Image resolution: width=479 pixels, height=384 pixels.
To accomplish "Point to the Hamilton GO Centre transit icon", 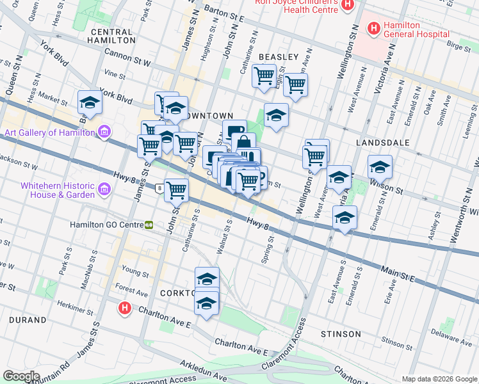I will coord(149,225).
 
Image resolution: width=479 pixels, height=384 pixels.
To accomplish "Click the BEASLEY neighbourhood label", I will coord(279,57).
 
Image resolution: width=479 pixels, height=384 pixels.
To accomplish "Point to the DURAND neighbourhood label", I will coord(28,319).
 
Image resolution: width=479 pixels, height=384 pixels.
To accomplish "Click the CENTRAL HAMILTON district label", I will coord(113,36).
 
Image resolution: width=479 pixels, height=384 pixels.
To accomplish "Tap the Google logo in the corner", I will coord(21,376).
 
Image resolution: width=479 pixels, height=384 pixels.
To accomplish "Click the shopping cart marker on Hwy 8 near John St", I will coord(176,189).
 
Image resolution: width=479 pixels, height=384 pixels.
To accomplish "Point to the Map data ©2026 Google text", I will coord(439,379).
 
